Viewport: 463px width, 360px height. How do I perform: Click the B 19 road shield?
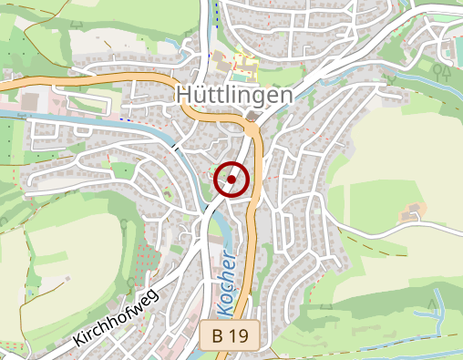pos(230,335)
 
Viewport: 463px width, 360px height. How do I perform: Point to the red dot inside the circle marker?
pos(232,180)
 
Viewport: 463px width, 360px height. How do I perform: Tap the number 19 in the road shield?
pos(239,335)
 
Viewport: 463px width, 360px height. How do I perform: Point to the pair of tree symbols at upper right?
pos(444,68)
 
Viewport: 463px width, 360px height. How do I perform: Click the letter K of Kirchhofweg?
pos(78,344)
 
